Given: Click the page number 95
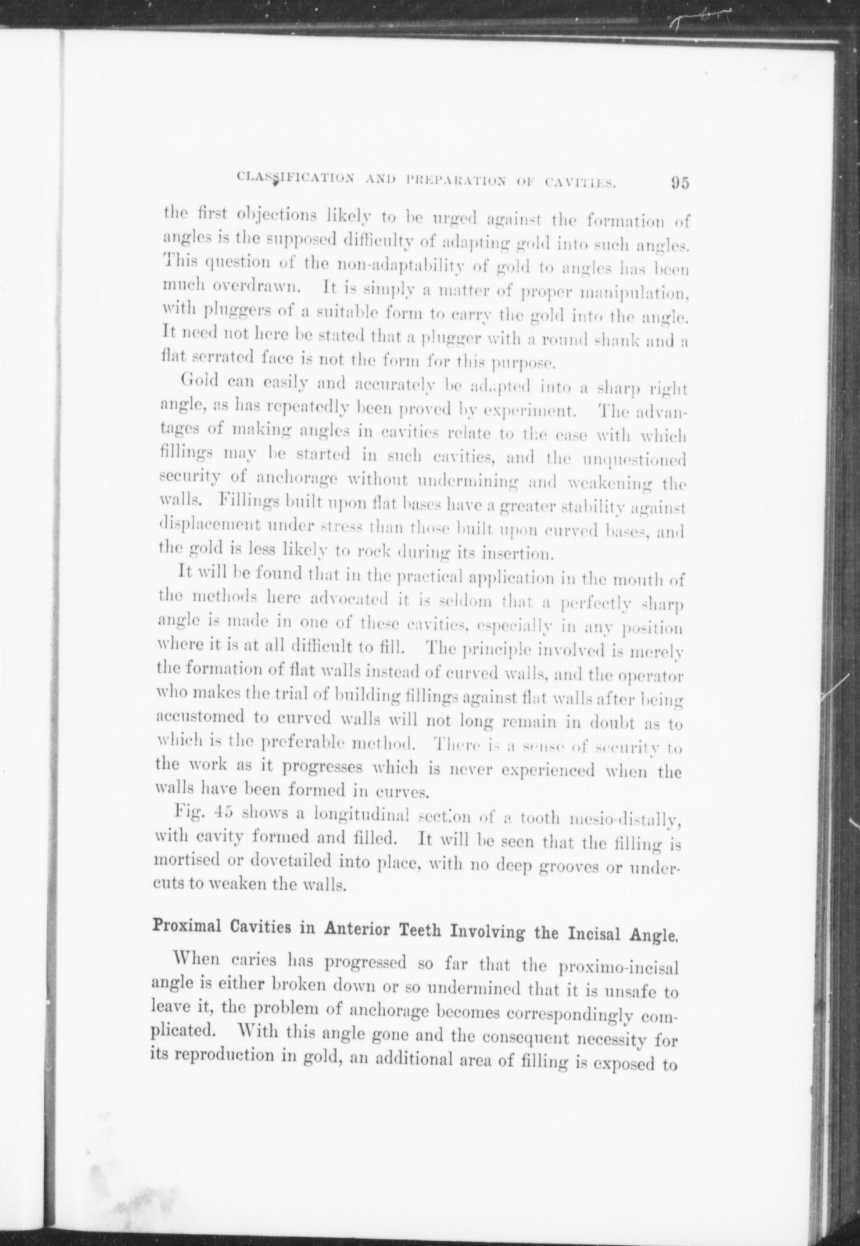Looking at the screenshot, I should pyautogui.click(x=679, y=182).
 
